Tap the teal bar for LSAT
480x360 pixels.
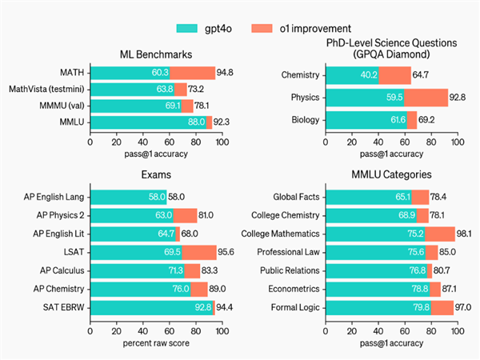tap(136, 252)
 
